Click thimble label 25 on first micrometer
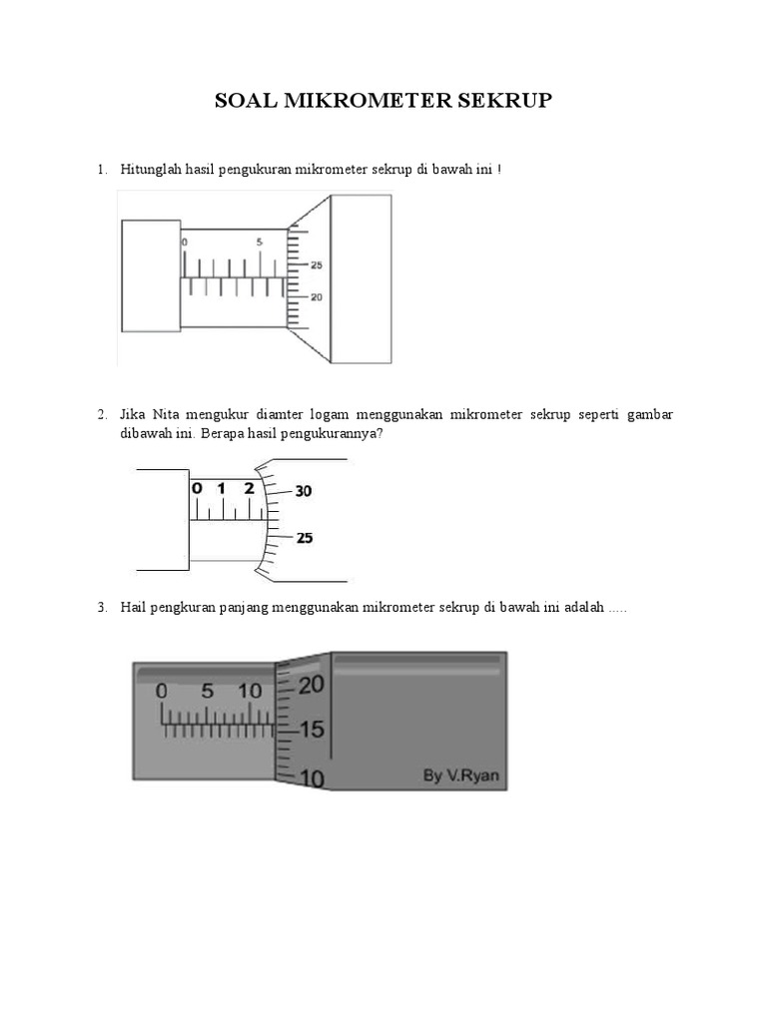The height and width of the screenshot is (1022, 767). [x=317, y=265]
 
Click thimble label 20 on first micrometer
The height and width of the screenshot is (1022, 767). [x=317, y=297]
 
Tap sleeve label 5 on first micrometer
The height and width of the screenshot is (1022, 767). [x=260, y=242]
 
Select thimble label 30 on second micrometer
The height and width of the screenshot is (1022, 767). [x=304, y=491]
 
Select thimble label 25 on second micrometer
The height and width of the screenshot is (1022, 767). [x=304, y=538]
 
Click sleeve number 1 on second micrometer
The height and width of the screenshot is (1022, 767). [x=222, y=489]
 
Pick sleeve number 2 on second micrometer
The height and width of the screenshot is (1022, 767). [x=249, y=489]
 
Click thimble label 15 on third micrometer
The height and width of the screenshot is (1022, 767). [x=312, y=731]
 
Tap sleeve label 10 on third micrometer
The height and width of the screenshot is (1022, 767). [x=250, y=691]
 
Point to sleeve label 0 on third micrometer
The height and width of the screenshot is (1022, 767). [x=162, y=691]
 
